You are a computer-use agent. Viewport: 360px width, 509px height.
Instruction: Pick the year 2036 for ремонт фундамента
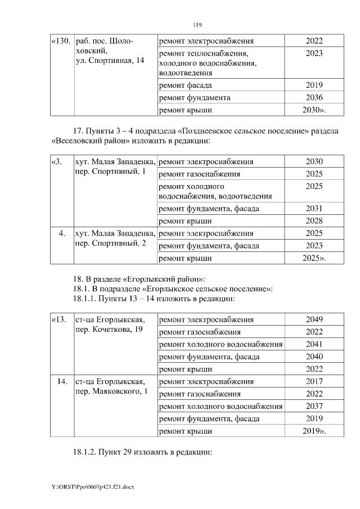pyautogui.click(x=314, y=97)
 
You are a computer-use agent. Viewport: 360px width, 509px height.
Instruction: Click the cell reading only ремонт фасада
pyautogui.click(x=186, y=85)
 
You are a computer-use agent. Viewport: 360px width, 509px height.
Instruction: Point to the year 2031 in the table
pyautogui.click(x=314, y=208)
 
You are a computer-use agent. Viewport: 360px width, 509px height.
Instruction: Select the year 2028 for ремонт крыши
pyautogui.click(x=314, y=221)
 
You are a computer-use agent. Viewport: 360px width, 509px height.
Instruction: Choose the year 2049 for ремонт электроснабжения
pyautogui.click(x=314, y=319)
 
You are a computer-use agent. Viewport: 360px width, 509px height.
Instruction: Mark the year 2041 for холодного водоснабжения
pyautogui.click(x=314, y=344)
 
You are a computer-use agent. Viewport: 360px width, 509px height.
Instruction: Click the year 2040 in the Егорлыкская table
pyautogui.click(x=314, y=357)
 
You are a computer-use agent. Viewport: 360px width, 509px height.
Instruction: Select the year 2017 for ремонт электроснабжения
pyautogui.click(x=314, y=381)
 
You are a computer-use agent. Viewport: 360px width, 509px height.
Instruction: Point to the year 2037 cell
pyautogui.click(x=314, y=406)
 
